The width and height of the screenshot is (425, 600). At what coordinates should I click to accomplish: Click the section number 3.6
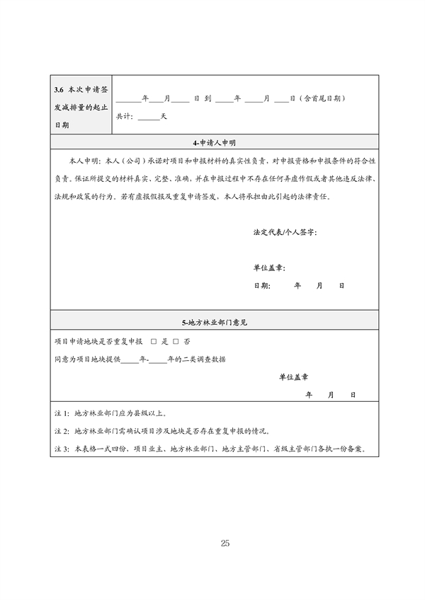(x=59, y=90)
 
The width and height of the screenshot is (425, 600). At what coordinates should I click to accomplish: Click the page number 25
(x=225, y=543)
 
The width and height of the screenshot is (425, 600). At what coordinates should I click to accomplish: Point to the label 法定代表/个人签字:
(x=284, y=232)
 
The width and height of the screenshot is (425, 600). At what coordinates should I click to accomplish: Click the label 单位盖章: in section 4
(x=268, y=268)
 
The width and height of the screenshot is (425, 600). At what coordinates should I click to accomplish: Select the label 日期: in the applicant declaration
(x=261, y=286)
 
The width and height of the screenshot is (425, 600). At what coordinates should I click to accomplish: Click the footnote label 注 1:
(x=61, y=412)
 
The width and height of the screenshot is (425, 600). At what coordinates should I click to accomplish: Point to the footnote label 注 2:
(x=61, y=431)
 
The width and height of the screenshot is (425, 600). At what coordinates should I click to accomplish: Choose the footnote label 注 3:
(x=61, y=449)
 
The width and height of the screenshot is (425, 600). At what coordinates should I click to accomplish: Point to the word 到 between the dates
(x=207, y=98)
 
